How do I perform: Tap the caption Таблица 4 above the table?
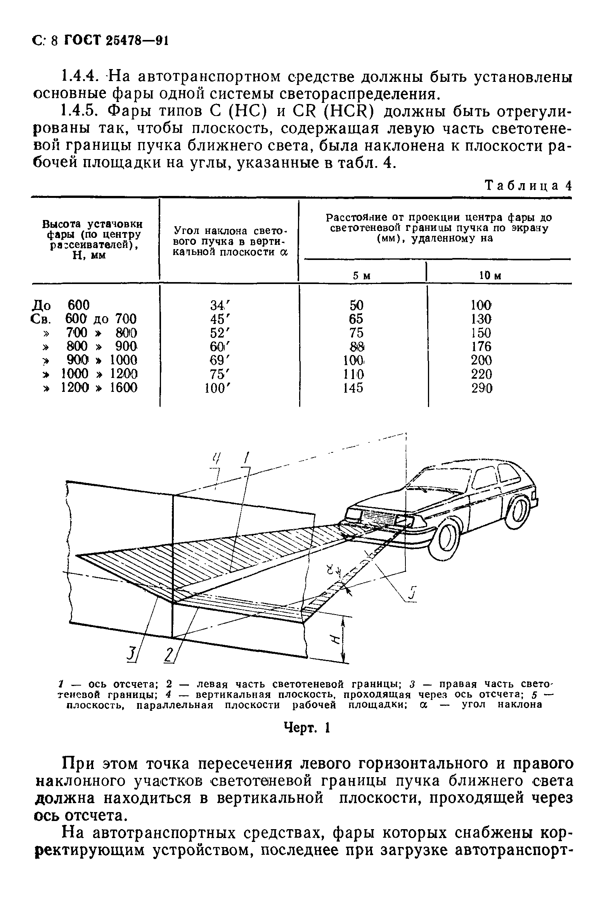click(528, 186)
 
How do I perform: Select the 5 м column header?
click(362, 275)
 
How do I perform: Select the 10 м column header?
click(490, 275)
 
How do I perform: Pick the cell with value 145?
click(353, 388)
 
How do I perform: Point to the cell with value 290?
click(481, 388)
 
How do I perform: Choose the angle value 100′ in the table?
click(217, 388)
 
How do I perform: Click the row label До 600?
click(61, 305)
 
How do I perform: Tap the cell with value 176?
click(481, 346)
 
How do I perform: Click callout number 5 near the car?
click(411, 595)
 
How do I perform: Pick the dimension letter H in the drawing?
click(334, 641)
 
